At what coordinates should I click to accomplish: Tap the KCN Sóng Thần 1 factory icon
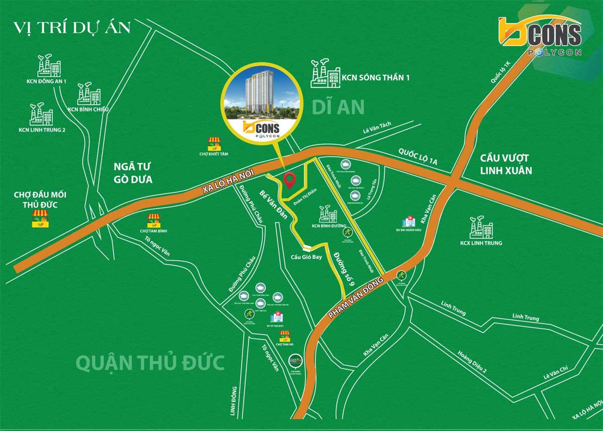(325, 74)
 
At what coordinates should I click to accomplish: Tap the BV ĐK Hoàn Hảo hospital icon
(408, 222)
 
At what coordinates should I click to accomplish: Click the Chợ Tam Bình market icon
(154, 220)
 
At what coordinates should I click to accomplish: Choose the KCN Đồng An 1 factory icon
(49, 65)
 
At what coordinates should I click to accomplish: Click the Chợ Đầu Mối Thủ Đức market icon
(40, 219)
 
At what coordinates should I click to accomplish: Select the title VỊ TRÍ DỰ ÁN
(72, 27)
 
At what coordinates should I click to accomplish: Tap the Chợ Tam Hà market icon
(285, 336)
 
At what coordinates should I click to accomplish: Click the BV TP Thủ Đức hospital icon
(276, 317)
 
